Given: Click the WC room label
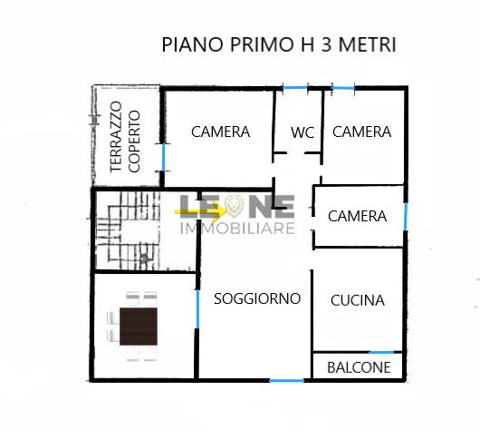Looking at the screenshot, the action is point(302,132).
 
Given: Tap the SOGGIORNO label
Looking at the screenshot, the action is point(257,298).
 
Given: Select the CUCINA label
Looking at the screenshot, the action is point(358,300).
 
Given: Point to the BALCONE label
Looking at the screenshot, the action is point(359,367).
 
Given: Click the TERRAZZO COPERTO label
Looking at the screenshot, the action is point(125,137).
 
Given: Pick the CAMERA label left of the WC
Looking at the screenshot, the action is point(221,132).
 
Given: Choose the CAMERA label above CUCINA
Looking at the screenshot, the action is point(357,216).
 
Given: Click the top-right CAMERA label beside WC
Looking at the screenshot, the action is point(362,132).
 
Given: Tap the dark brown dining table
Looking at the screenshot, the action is point(139,327).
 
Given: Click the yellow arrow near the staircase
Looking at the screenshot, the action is point(200,211).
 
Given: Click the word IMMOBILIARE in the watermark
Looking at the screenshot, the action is point(237,228).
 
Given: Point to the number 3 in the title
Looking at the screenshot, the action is point(327,44).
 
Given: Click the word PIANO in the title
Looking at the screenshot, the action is point(192,44).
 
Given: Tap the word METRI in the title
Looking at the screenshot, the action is point(368,44).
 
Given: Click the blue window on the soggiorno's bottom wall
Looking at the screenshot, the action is point(287,381).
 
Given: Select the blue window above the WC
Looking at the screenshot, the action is point(295,88).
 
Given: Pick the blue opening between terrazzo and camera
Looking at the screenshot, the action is point(163,157).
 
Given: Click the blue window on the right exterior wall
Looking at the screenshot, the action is point(406,216).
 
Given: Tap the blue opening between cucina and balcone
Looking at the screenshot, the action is point(381,352).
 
